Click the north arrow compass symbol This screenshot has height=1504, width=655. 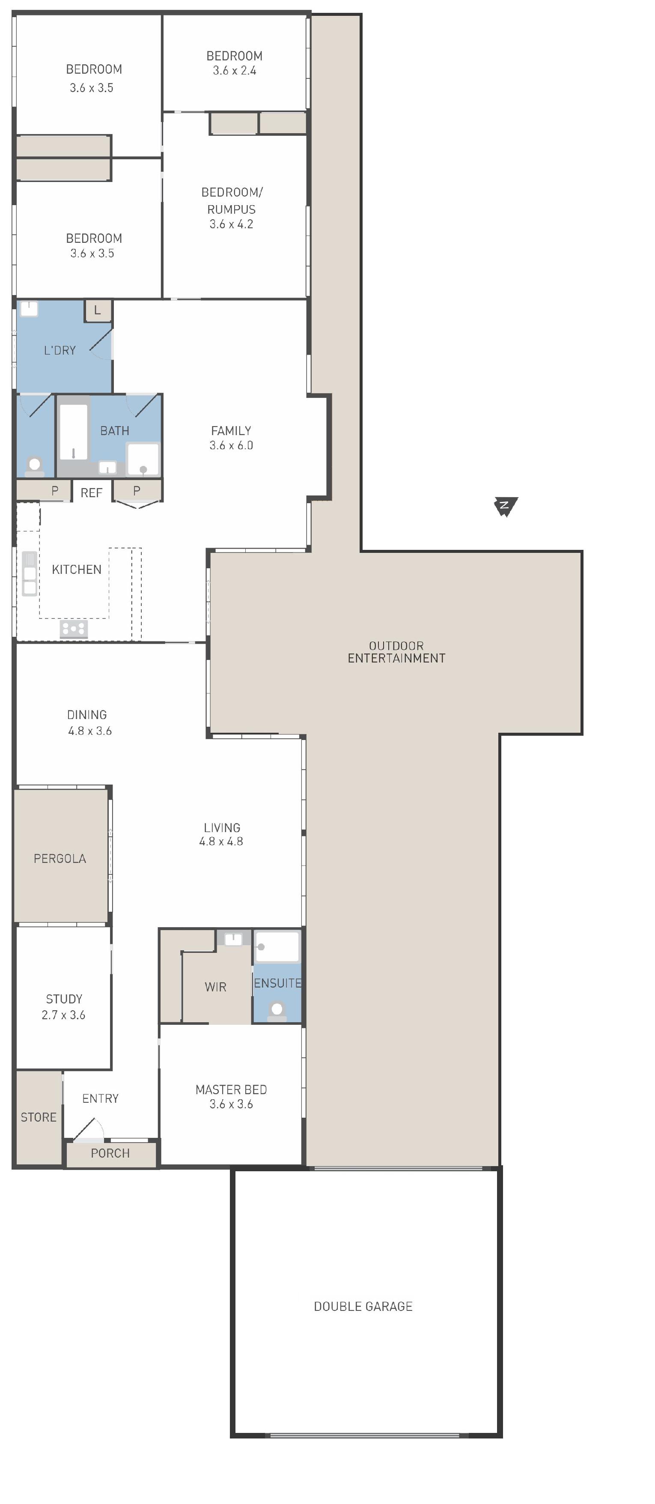point(506,506)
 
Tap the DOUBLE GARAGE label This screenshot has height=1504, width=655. point(363,1306)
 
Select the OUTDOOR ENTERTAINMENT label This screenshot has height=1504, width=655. point(396,652)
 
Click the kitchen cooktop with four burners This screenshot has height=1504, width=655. point(74,628)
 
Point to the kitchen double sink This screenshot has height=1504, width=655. point(29,573)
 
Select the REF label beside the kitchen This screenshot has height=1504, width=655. point(92,493)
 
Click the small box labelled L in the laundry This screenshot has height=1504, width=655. point(98,310)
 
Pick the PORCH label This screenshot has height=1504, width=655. point(110,1153)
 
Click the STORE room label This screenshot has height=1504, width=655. point(39,1117)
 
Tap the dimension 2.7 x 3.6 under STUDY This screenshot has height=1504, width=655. point(64,1015)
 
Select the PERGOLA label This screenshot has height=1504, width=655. point(60,858)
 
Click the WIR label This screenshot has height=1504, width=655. point(215,987)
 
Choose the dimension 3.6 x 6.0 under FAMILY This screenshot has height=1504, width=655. point(231,445)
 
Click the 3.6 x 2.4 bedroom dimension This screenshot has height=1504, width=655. point(234,70)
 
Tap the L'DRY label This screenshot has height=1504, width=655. point(60,350)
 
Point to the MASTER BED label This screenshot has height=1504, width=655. point(231,1089)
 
